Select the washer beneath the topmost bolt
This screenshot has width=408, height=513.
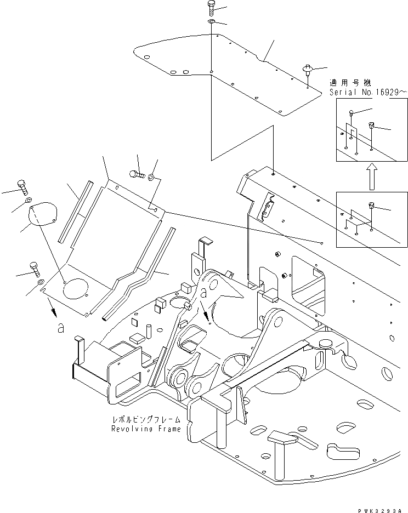click(x=212, y=21)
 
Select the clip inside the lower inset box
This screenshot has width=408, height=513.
click(x=371, y=206)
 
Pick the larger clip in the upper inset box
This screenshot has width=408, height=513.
click(x=371, y=125)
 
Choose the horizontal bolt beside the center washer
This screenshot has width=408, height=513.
click(x=137, y=174)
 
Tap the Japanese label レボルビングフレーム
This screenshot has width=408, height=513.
click(x=146, y=420)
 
